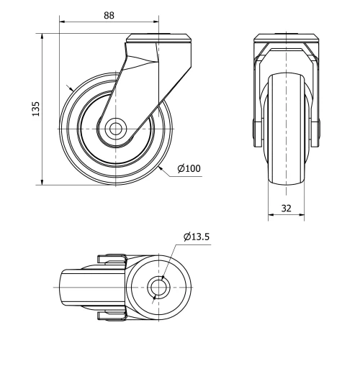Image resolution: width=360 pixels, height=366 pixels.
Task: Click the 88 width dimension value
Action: pos(108,14)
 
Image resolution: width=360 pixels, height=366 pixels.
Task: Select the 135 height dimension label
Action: pos(35,108)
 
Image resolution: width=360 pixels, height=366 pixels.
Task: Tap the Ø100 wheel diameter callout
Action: pos(189,169)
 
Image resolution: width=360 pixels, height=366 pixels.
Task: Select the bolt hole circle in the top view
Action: pos(159,287)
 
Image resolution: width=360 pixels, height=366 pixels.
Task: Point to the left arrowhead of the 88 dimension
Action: pos(62,22)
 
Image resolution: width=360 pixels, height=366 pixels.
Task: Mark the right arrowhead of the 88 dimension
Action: pos(156,22)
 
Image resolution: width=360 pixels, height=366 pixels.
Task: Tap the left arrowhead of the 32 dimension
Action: pos(271,214)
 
